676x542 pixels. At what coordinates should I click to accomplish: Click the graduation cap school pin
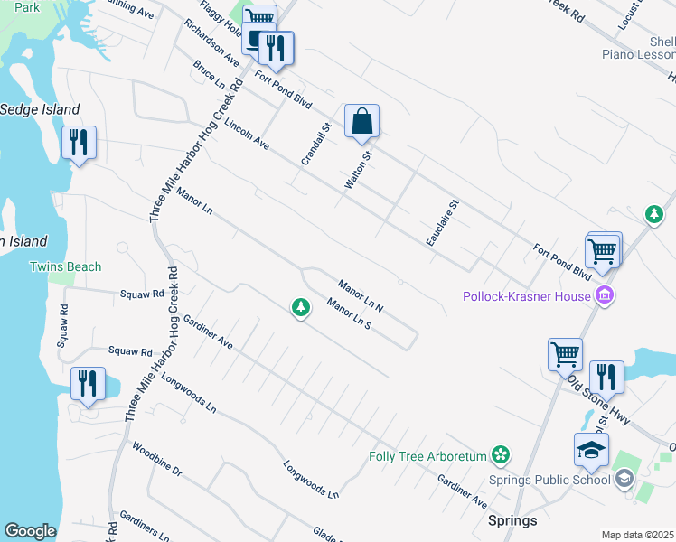click(590, 451)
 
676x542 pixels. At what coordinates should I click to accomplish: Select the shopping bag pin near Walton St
click(361, 122)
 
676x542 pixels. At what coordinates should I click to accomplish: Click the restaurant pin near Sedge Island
click(79, 144)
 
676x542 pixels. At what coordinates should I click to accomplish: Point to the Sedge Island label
click(40, 109)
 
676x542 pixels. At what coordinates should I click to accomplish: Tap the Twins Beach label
click(65, 266)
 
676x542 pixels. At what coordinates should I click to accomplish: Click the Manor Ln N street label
click(361, 295)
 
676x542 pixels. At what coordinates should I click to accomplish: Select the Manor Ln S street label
click(350, 313)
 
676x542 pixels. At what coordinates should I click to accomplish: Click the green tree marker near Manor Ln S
click(301, 309)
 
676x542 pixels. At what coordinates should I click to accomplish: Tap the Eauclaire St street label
click(443, 223)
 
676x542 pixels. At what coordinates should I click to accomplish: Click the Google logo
click(30, 531)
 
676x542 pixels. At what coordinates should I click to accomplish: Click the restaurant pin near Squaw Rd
click(88, 383)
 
